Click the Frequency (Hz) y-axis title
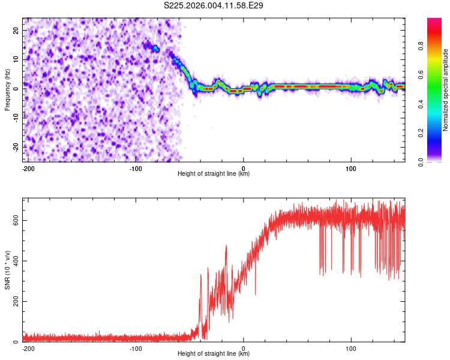[x=7, y=89]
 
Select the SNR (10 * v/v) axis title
[x=7, y=269]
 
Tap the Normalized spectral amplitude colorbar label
[x=446, y=90]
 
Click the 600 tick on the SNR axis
[x=14, y=220]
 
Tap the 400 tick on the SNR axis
[x=14, y=260]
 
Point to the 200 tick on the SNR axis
[x=14, y=301]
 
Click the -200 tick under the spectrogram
[x=28, y=167]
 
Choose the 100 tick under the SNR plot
[x=351, y=347]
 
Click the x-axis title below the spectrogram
[x=214, y=174]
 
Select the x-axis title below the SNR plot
[x=214, y=354]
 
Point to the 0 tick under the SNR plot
[x=244, y=347]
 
